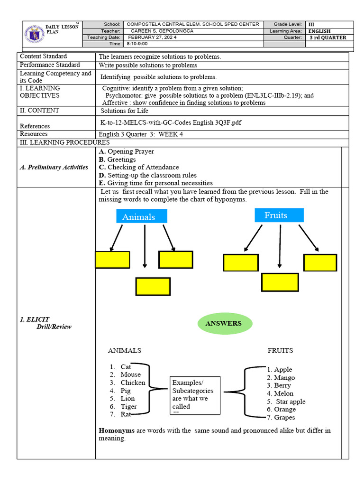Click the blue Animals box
pos(142,216)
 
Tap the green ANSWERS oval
pos(223,324)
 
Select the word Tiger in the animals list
pos(128,406)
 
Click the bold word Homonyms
pos(117,430)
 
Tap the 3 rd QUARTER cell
pos(328,37)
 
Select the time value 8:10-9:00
pos(137,44)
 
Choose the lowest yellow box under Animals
pos(153,286)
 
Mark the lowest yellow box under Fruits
pos(280,282)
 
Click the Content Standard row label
pos(44,56)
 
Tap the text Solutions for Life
pos(124,111)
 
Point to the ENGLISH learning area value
pos(319,31)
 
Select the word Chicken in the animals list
pos(133,383)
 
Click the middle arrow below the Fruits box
pos(280,245)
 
